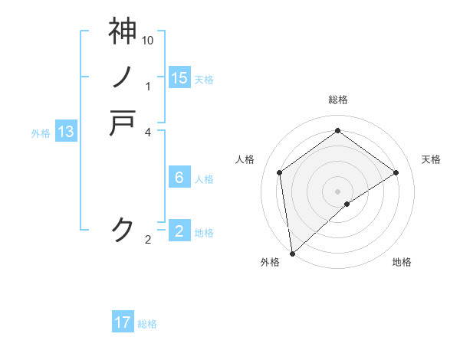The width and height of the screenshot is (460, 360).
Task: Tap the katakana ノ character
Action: tap(123, 77)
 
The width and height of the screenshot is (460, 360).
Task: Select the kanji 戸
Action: tap(123, 123)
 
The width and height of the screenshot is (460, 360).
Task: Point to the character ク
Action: tap(123, 228)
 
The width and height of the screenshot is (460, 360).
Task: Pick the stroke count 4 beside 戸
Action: tap(148, 132)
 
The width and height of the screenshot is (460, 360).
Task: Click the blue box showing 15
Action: tap(179, 78)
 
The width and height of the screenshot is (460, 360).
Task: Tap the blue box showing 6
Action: tap(179, 178)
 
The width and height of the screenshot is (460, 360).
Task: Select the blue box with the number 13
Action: tap(66, 133)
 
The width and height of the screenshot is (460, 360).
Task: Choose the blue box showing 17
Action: tap(123, 323)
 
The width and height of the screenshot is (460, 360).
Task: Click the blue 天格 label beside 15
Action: tap(204, 79)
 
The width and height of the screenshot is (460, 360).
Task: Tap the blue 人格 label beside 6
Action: tap(204, 179)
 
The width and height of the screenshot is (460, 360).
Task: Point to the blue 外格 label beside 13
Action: tap(41, 133)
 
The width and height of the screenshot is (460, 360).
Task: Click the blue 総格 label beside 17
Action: tap(147, 324)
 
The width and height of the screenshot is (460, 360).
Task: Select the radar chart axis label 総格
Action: tap(338, 100)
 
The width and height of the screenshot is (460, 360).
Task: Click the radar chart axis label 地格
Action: tap(402, 263)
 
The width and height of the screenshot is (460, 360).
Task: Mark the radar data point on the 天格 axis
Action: tap(396, 172)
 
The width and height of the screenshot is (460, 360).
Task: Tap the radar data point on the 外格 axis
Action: tap(292, 253)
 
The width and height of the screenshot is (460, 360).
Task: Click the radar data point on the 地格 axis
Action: tap(347, 204)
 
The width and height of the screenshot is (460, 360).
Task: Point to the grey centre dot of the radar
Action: tap(338, 191)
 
